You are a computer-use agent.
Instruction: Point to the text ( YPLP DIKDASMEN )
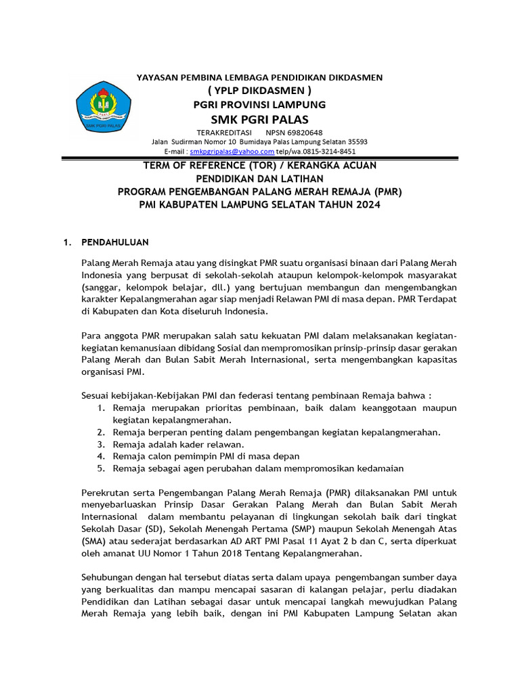[x=259, y=91]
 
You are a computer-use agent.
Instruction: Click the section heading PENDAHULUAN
[x=115, y=242]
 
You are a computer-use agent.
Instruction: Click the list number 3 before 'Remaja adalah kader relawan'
[x=100, y=445]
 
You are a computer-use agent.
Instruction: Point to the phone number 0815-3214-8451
[x=329, y=152]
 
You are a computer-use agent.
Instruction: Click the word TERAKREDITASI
[x=224, y=132]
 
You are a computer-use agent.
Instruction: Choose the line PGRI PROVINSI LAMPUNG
[x=259, y=104]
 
